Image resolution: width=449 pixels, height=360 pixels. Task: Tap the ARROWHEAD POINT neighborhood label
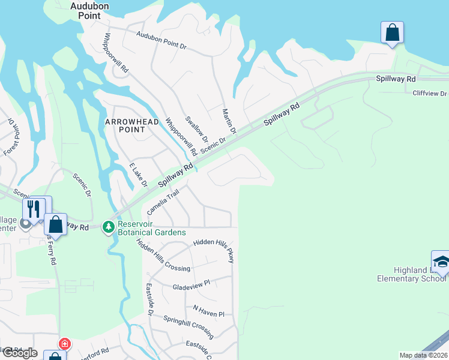tap(133, 125)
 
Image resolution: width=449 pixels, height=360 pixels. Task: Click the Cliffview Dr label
tap(430, 94)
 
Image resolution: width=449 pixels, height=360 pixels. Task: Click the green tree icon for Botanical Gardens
tap(109, 227)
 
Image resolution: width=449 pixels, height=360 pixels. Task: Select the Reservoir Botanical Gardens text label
tap(152, 228)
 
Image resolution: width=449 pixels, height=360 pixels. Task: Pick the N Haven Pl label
tap(208, 314)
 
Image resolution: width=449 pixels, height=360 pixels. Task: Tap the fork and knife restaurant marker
tap(33, 209)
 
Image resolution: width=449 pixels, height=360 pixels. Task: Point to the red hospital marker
tap(64, 344)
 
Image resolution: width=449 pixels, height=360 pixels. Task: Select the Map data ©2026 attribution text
tap(423, 355)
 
